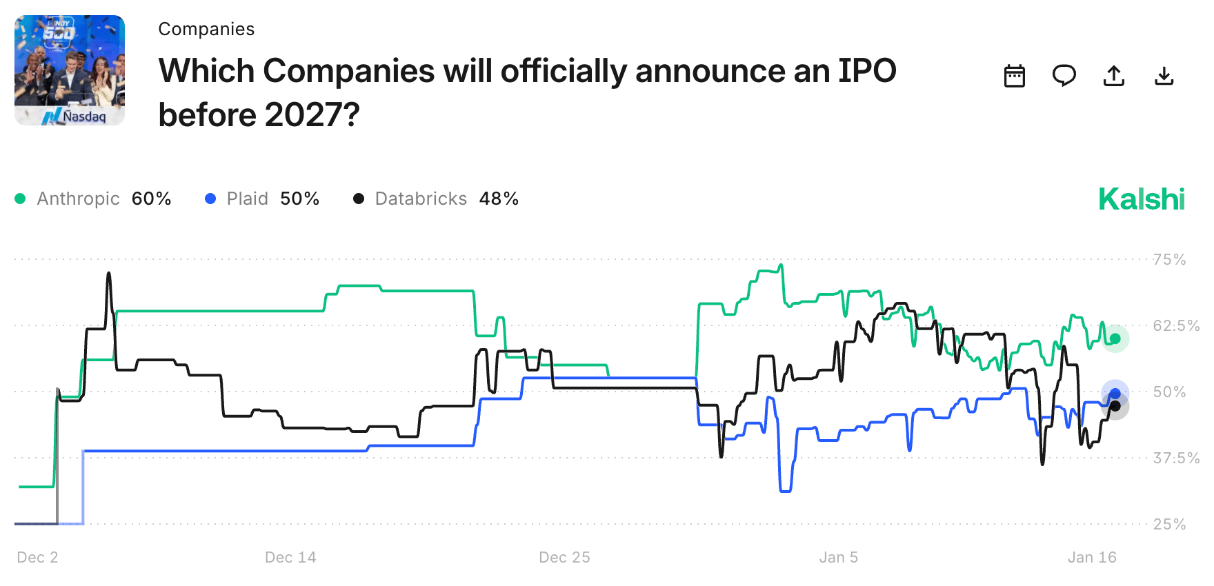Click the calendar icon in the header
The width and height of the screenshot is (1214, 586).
click(x=1014, y=76)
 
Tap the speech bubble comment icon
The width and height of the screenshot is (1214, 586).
click(x=1064, y=75)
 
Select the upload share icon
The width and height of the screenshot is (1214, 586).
click(x=1114, y=76)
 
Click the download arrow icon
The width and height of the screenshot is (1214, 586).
click(x=1164, y=76)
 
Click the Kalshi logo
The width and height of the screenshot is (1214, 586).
click(x=1142, y=199)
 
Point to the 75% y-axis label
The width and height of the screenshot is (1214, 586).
click(x=1169, y=260)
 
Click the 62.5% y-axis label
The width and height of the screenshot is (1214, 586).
click(x=1176, y=325)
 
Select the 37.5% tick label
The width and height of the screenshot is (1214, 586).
click(x=1176, y=458)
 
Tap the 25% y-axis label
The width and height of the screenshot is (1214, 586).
click(x=1169, y=524)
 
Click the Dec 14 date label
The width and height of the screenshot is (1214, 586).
click(x=290, y=557)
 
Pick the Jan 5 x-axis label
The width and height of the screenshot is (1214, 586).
click(x=838, y=557)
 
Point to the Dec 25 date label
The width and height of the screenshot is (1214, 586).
click(x=564, y=557)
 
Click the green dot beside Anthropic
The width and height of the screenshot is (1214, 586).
click(x=20, y=199)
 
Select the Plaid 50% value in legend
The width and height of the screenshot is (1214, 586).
click(x=299, y=199)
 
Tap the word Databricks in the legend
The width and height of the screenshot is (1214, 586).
click(x=421, y=199)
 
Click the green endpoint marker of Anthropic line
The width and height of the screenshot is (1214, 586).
click(x=1115, y=339)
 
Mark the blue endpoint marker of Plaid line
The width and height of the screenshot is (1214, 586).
click(x=1115, y=394)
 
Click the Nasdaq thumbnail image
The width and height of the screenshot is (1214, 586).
click(x=70, y=70)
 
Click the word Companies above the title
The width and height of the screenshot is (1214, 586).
click(x=206, y=29)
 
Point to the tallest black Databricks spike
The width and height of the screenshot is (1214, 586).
click(x=109, y=274)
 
